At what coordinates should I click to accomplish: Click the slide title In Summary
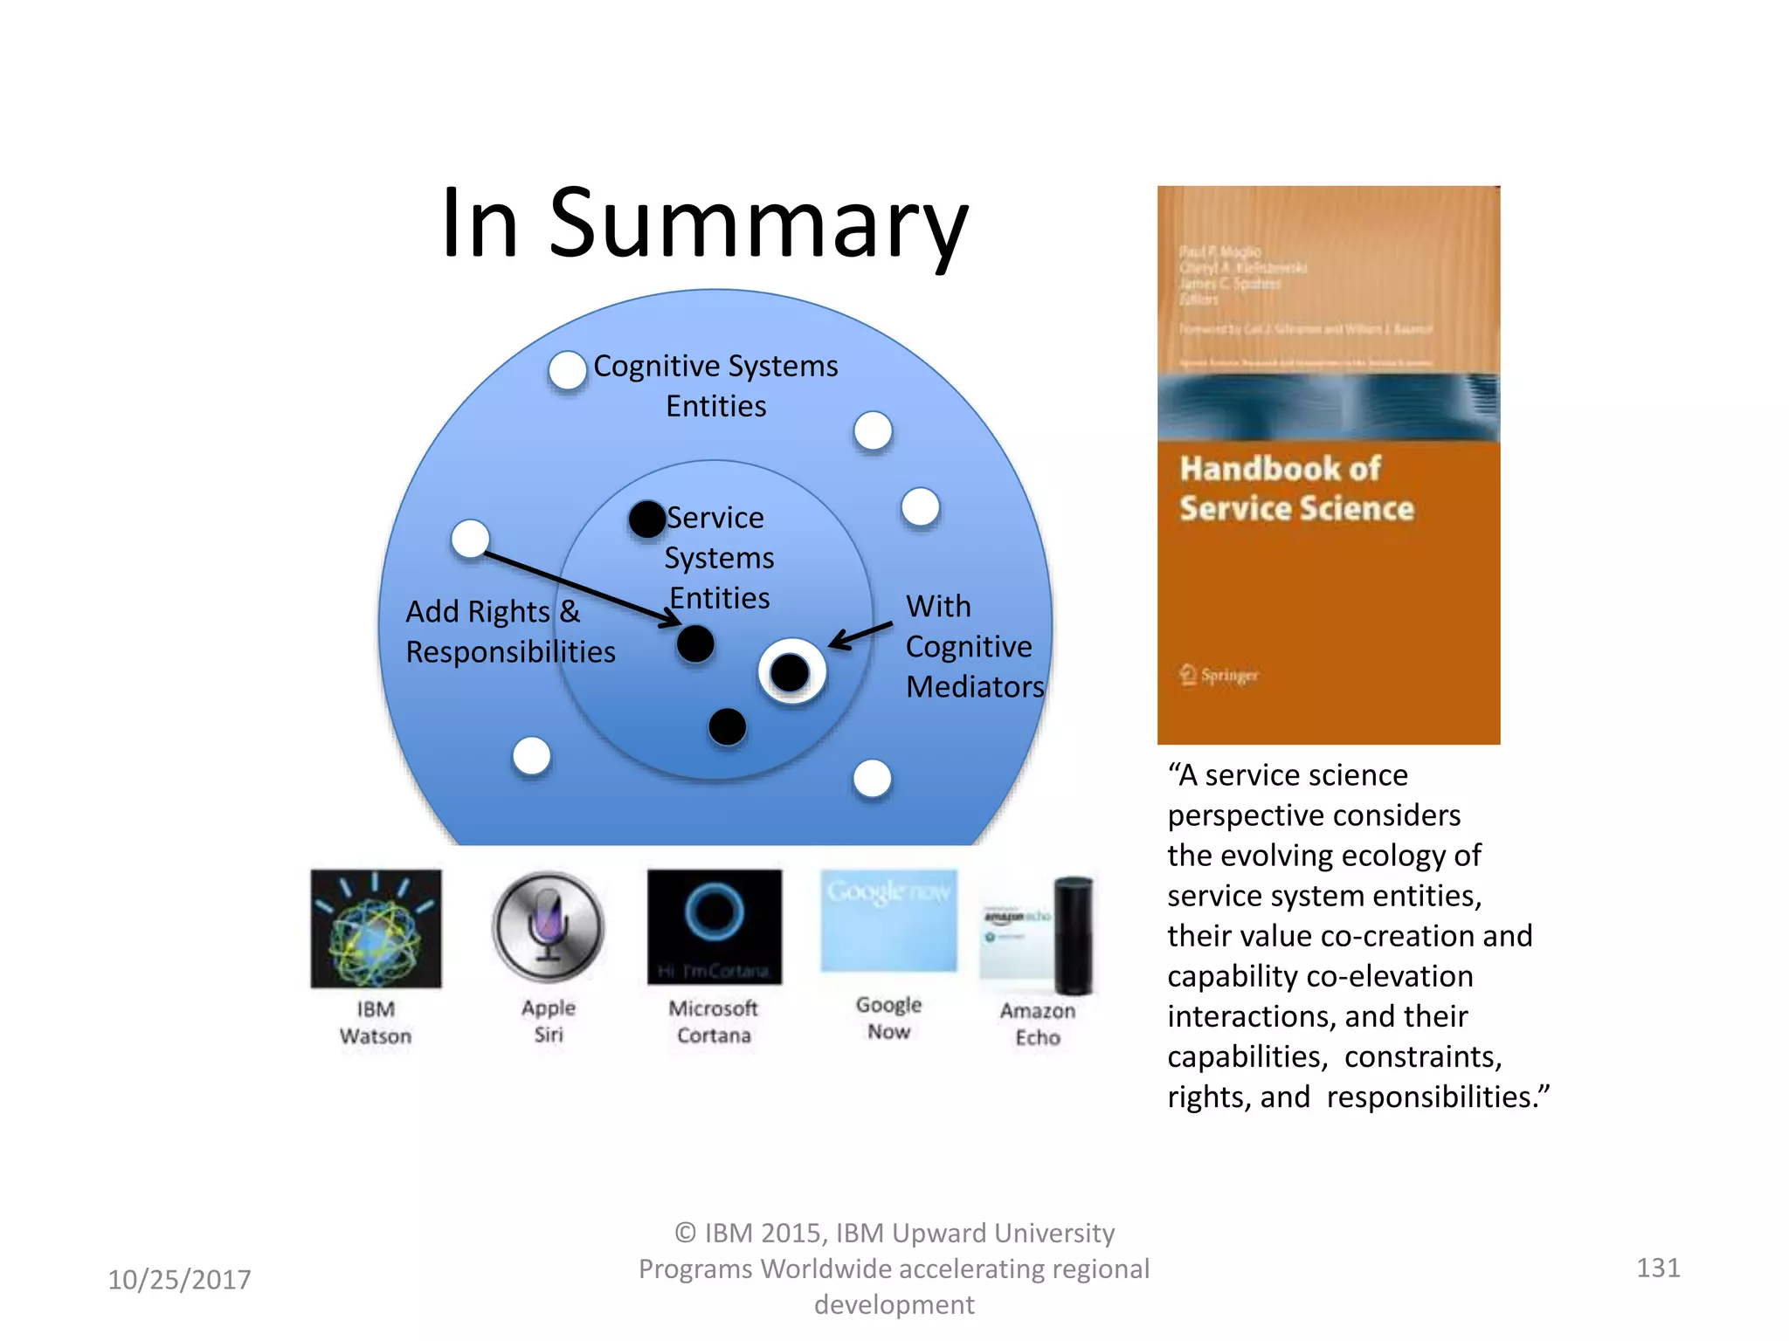[704, 223]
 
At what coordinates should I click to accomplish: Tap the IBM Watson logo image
[376, 929]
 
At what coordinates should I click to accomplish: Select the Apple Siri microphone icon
[548, 926]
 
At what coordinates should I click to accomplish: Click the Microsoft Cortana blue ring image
[714, 913]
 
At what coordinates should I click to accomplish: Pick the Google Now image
[888, 920]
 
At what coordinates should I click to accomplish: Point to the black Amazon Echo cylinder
[1074, 935]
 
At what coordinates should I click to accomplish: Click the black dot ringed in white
[791, 672]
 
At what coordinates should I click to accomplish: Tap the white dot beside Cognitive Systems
[568, 370]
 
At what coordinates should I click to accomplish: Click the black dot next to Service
[647, 519]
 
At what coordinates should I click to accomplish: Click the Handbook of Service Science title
[1295, 489]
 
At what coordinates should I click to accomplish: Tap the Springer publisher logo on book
[1219, 675]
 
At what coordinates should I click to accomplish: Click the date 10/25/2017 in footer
[179, 1279]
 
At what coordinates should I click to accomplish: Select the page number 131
[1657, 1267]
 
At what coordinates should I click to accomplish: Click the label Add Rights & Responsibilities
[510, 632]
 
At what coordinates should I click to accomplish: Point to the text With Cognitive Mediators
[973, 646]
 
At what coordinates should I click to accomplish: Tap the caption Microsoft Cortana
[714, 1021]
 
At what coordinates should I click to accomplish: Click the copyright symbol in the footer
[686, 1233]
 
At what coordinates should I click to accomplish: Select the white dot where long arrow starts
[470, 539]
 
